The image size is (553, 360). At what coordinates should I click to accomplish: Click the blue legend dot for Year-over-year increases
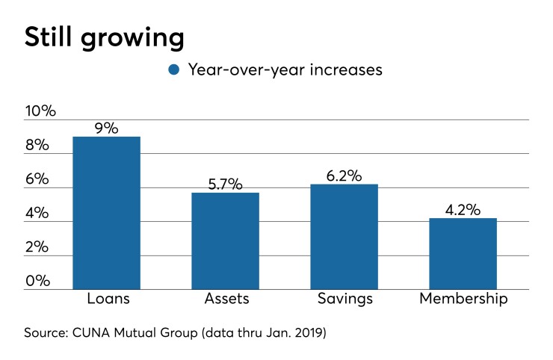174,70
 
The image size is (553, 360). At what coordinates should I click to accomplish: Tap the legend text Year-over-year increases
285,70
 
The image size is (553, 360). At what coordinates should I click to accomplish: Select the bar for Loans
106,213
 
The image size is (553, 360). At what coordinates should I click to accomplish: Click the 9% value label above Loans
106,128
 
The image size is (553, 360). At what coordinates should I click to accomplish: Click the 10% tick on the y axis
40,112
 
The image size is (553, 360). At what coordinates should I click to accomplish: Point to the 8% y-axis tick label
37,146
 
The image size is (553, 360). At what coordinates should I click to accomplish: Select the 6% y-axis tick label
37,180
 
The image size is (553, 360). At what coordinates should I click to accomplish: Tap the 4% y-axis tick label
37,214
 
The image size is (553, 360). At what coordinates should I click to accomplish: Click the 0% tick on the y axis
37,281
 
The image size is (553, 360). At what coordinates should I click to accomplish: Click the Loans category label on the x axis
106,300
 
